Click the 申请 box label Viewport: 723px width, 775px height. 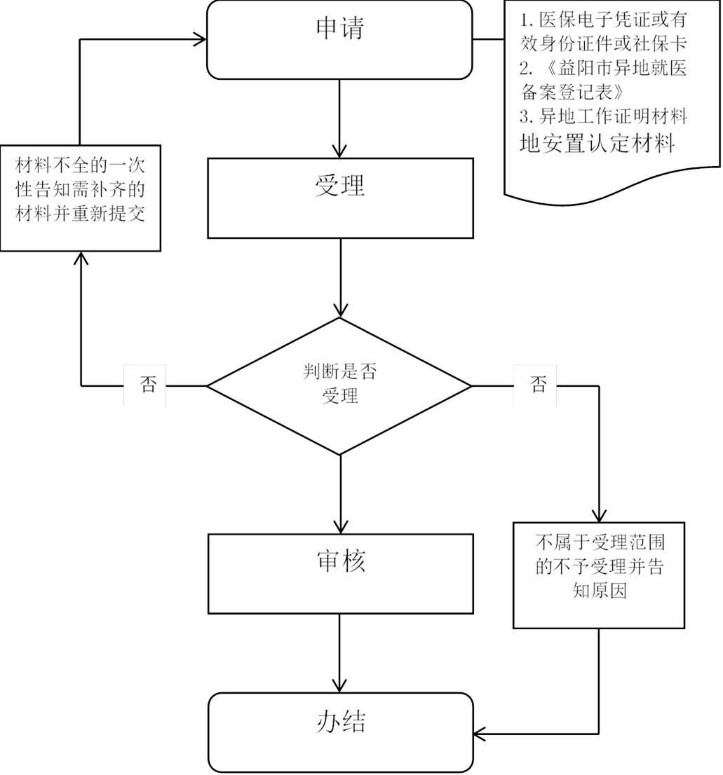[x=340, y=29]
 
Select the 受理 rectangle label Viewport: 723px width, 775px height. [x=340, y=187]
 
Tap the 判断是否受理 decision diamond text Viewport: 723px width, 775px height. [x=340, y=384]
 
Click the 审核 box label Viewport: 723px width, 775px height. [x=340, y=562]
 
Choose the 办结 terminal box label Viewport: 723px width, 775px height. [x=340, y=722]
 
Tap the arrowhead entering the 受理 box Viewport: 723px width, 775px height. [x=340, y=151]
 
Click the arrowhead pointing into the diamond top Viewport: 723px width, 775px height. [x=340, y=310]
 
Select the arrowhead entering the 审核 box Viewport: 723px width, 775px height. [x=340, y=526]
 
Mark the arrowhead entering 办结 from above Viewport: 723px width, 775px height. [x=340, y=685]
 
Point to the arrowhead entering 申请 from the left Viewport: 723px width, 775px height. [x=199, y=39]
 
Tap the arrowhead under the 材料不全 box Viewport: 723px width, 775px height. [x=81, y=259]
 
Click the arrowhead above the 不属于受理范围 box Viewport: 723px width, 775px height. [x=600, y=516]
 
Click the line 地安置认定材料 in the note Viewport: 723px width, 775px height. [x=597, y=144]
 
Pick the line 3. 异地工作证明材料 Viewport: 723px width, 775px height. [x=603, y=117]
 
